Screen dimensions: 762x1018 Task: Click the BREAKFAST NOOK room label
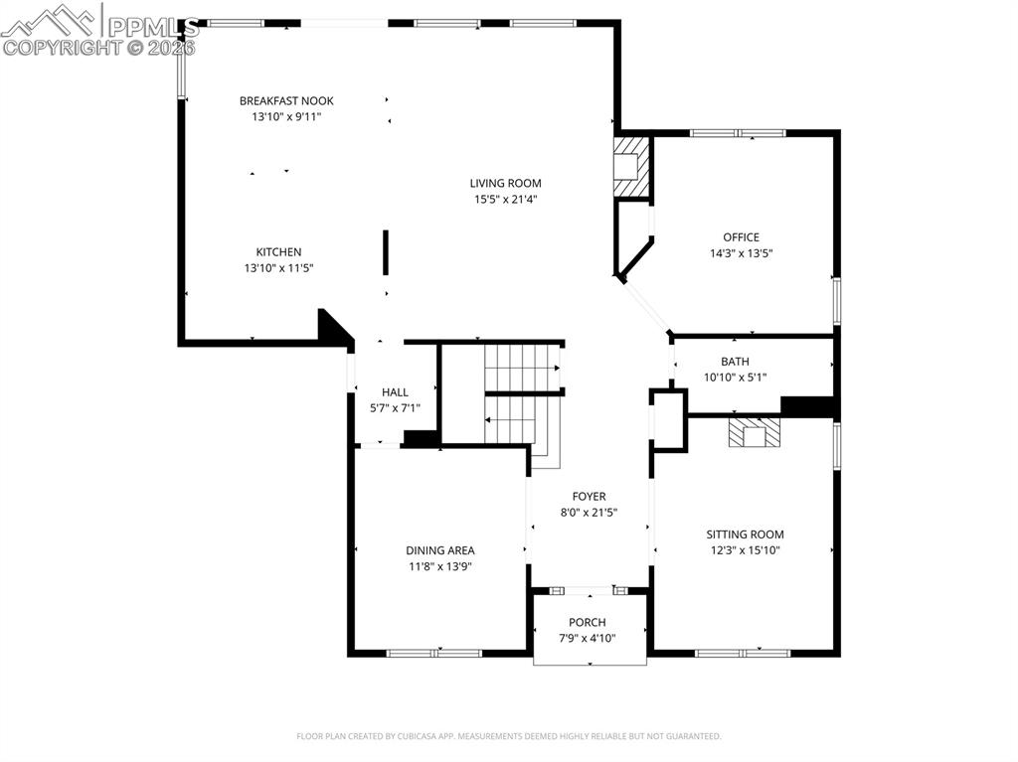click(x=286, y=100)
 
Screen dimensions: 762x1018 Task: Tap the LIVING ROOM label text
click(x=505, y=183)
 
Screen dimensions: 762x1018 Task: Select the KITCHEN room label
click(x=278, y=252)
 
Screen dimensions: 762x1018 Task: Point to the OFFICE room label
click(x=741, y=237)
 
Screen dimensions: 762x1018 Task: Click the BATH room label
click(x=735, y=362)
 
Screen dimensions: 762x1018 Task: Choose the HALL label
click(x=395, y=392)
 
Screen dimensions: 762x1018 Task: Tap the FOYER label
click(x=589, y=497)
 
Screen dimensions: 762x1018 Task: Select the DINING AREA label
click(x=439, y=550)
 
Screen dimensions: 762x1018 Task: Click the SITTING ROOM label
click(x=746, y=534)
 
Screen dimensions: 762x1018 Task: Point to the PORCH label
click(x=587, y=623)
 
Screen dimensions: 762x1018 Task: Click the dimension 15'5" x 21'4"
click(x=505, y=199)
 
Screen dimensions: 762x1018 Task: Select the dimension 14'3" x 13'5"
click(x=741, y=253)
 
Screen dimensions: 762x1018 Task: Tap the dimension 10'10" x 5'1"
click(x=735, y=378)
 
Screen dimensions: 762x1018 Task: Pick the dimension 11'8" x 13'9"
click(x=439, y=566)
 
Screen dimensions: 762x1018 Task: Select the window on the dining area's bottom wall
click(x=433, y=653)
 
